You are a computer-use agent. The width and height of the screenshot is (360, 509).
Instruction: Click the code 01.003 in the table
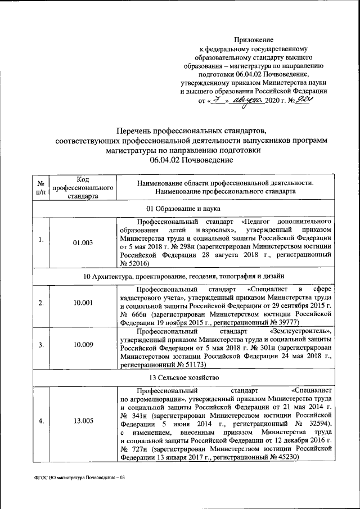[83, 242]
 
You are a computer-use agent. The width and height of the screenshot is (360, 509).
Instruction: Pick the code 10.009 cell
[83, 345]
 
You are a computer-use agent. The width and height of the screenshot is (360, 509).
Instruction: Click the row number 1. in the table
[40, 242]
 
